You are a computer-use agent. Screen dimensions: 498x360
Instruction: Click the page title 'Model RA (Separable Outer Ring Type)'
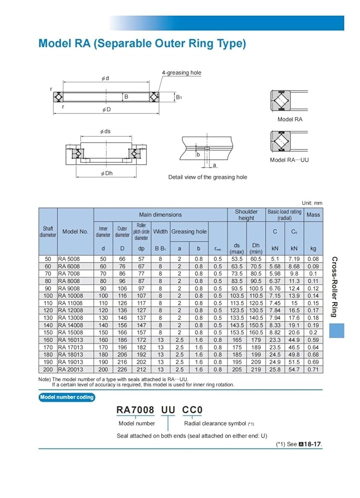142,44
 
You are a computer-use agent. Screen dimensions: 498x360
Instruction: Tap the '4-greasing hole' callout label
181,73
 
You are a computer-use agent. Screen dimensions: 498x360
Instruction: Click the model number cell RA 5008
69,259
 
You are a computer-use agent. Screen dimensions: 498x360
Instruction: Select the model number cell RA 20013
70,370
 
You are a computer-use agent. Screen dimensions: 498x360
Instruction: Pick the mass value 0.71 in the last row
313,370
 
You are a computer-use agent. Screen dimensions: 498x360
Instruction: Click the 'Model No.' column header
75,232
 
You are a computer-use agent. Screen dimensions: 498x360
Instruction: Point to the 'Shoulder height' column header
246,215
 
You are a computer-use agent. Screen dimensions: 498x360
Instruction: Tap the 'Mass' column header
313,215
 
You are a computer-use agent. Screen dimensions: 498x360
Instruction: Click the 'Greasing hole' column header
189,232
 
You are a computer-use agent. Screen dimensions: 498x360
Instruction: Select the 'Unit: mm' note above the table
312,203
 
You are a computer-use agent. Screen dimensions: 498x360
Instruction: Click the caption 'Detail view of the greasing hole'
207,177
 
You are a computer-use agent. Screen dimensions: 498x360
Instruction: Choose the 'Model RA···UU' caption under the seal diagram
289,160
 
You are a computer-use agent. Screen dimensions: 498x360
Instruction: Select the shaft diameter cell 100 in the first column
48,296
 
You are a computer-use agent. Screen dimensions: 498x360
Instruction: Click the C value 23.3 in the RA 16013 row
274,340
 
